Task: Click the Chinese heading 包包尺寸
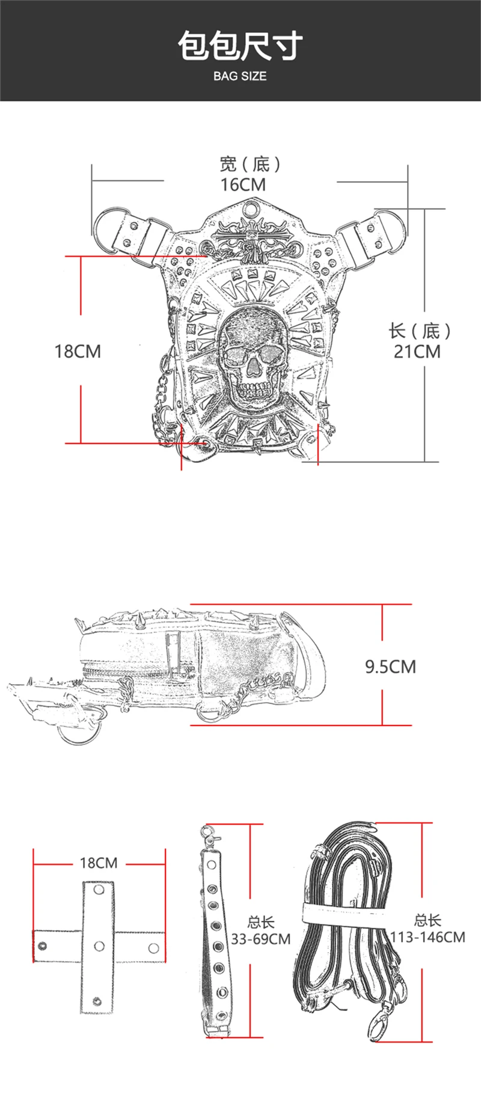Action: (240, 47)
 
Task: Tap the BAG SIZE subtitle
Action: (240, 76)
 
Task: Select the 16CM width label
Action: (243, 185)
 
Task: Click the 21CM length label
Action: (417, 351)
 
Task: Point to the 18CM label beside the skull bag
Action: (78, 351)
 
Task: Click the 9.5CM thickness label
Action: (390, 667)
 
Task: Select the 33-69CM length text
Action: (260, 939)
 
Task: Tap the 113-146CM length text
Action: (427, 937)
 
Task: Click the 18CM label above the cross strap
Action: (99, 863)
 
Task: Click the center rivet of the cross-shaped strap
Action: (99, 946)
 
